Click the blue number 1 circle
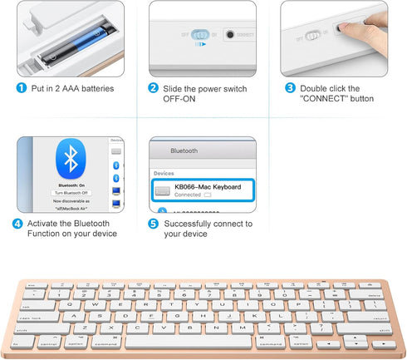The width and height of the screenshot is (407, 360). tap(21, 88)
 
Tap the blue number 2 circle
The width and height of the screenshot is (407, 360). tap(153, 88)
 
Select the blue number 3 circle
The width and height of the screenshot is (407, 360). tap(290, 88)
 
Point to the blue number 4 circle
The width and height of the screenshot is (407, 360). tap(17, 224)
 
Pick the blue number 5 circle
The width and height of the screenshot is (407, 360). tap(153, 224)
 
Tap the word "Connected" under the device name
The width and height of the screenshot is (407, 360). tap(187, 195)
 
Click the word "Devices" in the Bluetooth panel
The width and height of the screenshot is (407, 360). tap(164, 174)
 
